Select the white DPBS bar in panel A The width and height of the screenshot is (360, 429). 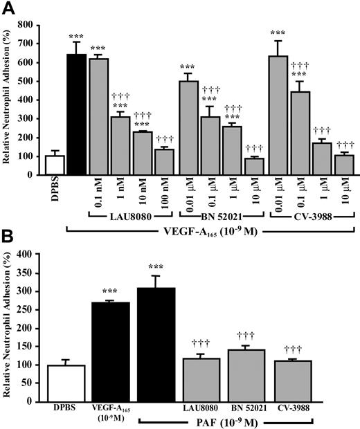coord(54,165)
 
